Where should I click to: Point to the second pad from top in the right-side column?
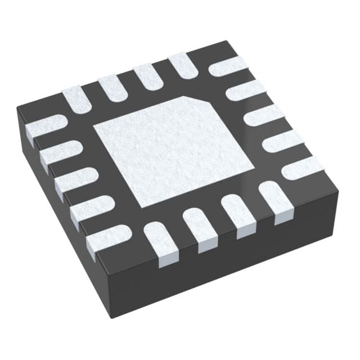coord(246,89)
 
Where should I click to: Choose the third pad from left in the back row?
coord(147,76)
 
